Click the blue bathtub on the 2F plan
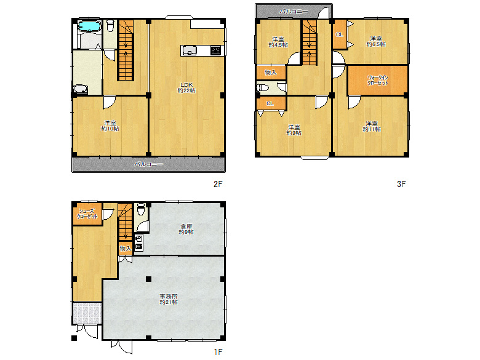pos(90,26)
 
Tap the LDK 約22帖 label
pos(188,87)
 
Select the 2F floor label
pos(217,183)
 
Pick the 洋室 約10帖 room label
pos(111,125)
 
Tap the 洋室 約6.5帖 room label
pos(376,41)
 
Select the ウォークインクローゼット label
pos(377,79)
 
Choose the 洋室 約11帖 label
pos(371,126)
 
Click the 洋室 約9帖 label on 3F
pos(293,129)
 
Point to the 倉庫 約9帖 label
pos(186,228)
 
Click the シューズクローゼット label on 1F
pos(87,214)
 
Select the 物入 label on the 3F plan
pos(271,73)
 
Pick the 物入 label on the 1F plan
pos(125,249)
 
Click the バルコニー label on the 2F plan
pos(148,164)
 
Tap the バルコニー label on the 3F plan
pos(294,11)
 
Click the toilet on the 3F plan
pos(263,88)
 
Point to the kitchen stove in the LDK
pos(215,50)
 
